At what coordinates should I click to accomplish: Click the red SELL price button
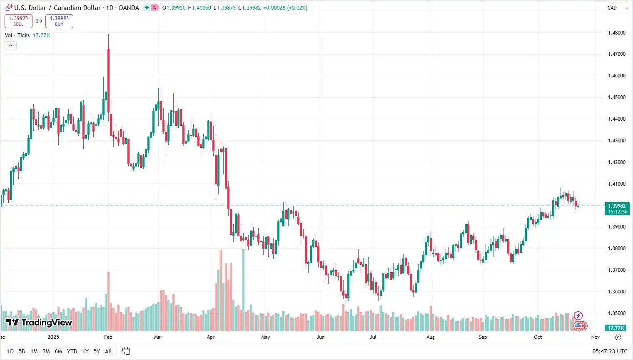tap(18, 21)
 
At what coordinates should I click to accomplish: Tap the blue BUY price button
tap(59, 21)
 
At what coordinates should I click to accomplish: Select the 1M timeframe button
tap(34, 351)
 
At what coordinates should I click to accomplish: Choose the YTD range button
tap(72, 351)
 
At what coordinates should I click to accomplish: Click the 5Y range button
tap(97, 351)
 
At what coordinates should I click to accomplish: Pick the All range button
tap(108, 351)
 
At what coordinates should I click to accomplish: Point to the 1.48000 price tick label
tap(617, 33)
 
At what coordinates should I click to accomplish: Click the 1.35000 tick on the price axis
tap(617, 313)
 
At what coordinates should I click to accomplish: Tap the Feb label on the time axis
tap(108, 337)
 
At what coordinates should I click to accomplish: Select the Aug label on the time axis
tap(431, 337)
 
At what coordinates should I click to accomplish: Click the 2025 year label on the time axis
tap(53, 337)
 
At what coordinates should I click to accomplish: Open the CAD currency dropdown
tap(618, 8)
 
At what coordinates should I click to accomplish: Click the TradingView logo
tap(39, 323)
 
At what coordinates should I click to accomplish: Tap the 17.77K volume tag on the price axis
tap(616, 328)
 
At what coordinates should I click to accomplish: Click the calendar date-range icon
tap(126, 351)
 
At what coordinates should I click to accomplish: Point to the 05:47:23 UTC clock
tap(610, 351)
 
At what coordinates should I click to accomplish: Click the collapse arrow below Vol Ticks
tap(10, 45)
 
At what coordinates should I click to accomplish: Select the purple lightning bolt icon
tap(578, 315)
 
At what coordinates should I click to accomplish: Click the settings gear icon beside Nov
tap(618, 337)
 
